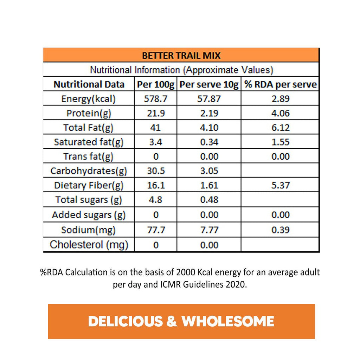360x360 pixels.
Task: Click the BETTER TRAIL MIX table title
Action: pyautogui.click(x=181, y=56)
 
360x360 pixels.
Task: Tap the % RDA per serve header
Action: pyautogui.click(x=280, y=85)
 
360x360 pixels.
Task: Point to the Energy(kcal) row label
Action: pyautogui.click(x=88, y=99)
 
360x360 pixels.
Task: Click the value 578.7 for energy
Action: pyautogui.click(x=155, y=99)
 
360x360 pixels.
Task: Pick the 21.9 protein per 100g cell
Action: pyautogui.click(x=155, y=113)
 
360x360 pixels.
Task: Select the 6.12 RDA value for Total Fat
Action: pyautogui.click(x=280, y=128)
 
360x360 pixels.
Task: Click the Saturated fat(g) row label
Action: pyautogui.click(x=88, y=142)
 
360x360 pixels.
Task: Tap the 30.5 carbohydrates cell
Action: pyautogui.click(x=155, y=171)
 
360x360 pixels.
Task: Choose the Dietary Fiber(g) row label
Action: pyautogui.click(x=88, y=185)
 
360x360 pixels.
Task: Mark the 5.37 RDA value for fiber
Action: pyautogui.click(x=280, y=185)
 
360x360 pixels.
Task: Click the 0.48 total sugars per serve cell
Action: pyautogui.click(x=209, y=200)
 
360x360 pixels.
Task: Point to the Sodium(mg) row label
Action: pyautogui.click(x=88, y=230)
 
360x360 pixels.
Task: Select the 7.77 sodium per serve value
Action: pyautogui.click(x=209, y=230)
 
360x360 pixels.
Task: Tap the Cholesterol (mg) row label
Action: pyautogui.click(x=89, y=245)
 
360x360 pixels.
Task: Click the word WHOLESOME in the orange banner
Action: pyautogui.click(x=228, y=321)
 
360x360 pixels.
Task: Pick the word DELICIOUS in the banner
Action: pyautogui.click(x=126, y=321)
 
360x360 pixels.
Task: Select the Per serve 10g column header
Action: pyautogui.click(x=209, y=85)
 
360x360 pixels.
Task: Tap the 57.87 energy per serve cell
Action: pyautogui.click(x=209, y=99)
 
